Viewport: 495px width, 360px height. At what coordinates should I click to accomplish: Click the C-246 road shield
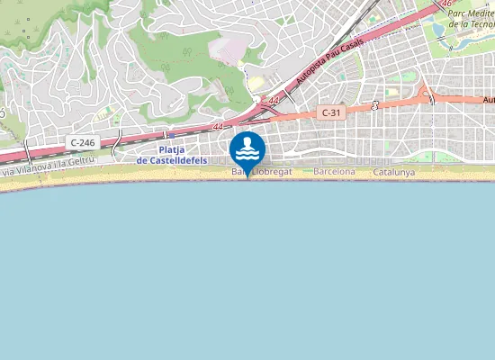point(82,142)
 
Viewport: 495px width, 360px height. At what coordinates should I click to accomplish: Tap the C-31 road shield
point(330,112)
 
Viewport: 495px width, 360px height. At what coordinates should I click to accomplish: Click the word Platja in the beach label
point(172,150)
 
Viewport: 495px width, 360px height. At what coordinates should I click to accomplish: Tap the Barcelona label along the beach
point(334,171)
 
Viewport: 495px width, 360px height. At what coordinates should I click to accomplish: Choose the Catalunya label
point(393,171)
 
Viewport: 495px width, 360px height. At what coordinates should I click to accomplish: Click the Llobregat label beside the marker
point(271,171)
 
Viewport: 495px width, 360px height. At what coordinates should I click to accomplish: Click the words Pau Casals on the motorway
point(352,45)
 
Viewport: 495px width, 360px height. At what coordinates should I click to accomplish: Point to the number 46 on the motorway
point(447,4)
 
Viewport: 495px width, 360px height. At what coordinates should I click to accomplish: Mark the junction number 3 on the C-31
point(374,105)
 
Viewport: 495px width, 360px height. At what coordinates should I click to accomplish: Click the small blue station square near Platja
point(164,136)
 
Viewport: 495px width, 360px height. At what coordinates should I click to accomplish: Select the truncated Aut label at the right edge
point(489,100)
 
